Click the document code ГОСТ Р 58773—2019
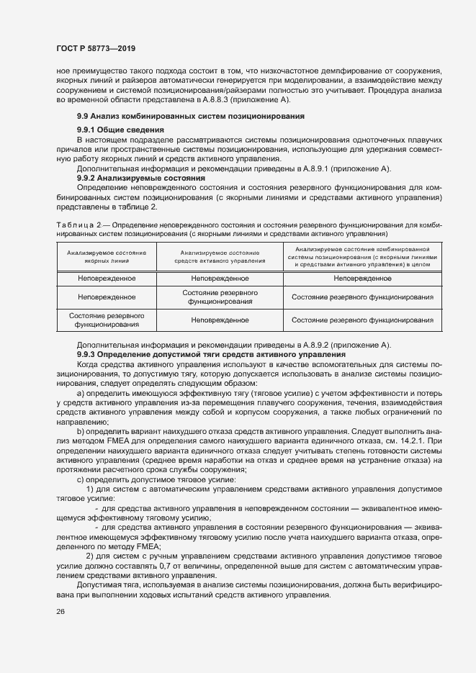point(95,48)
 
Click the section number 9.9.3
point(86,355)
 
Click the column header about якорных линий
point(107,257)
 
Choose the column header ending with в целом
point(362,256)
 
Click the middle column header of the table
point(220,257)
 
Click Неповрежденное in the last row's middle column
point(220,320)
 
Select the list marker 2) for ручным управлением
point(90,556)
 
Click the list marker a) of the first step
point(81,394)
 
